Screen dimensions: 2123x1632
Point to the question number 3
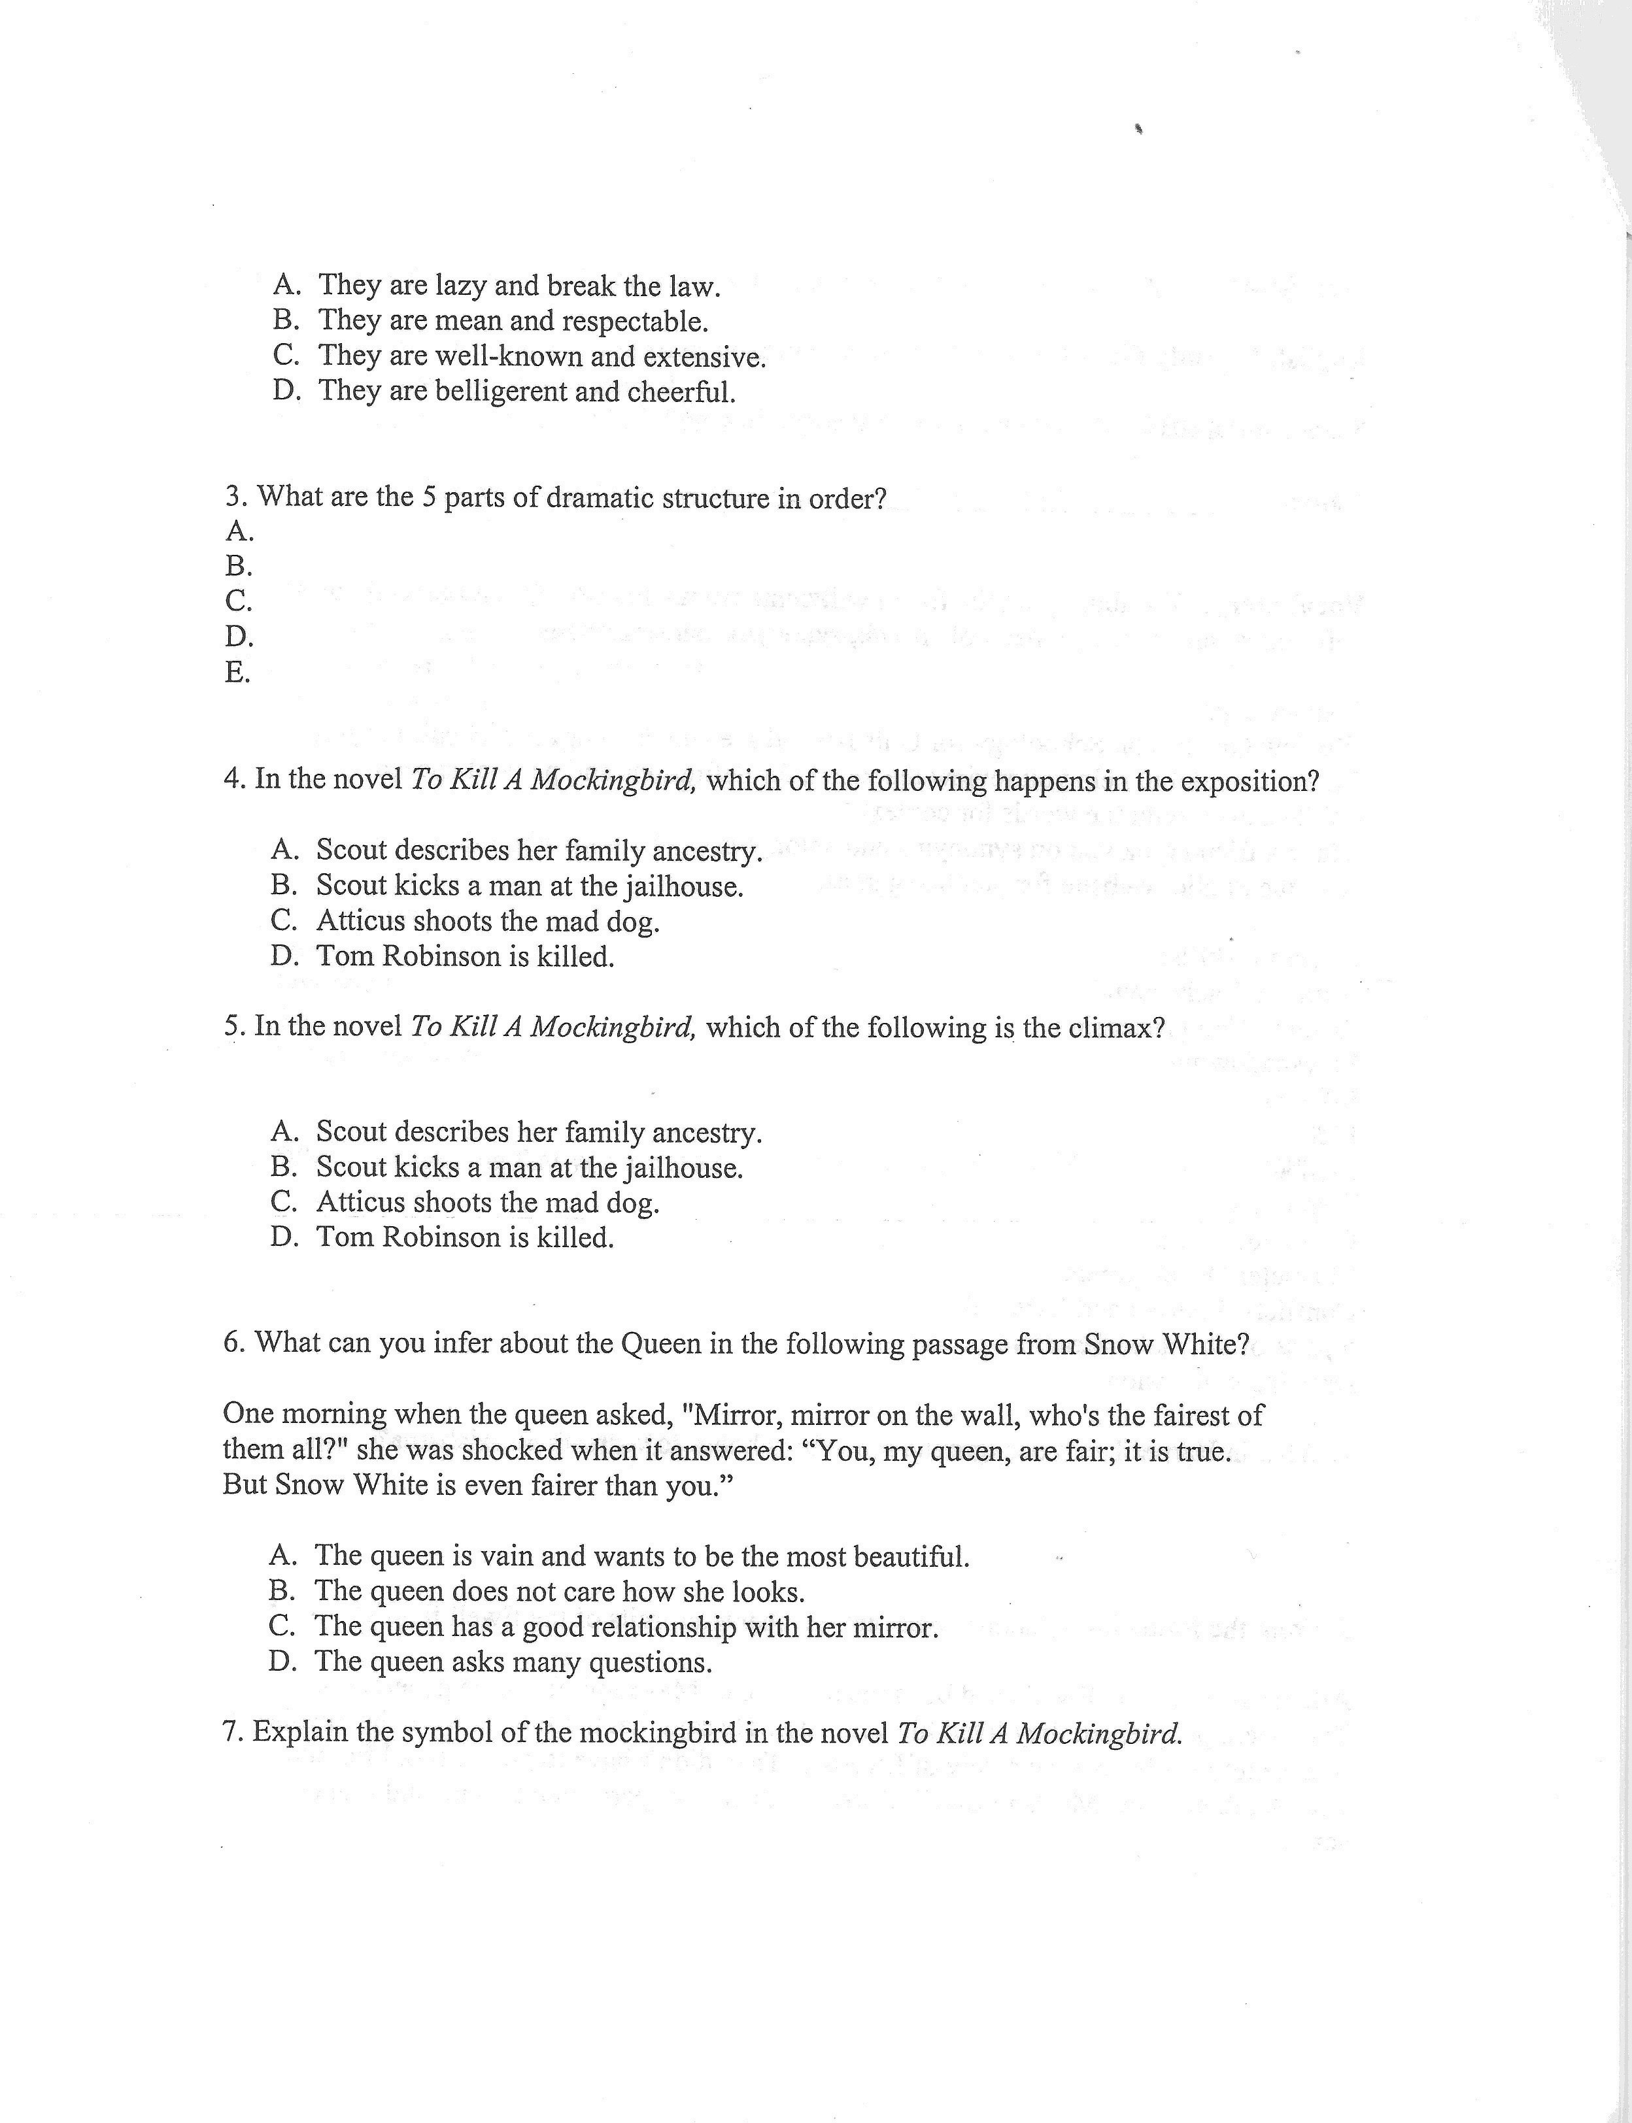(234, 497)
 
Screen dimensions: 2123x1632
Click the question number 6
(233, 1343)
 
